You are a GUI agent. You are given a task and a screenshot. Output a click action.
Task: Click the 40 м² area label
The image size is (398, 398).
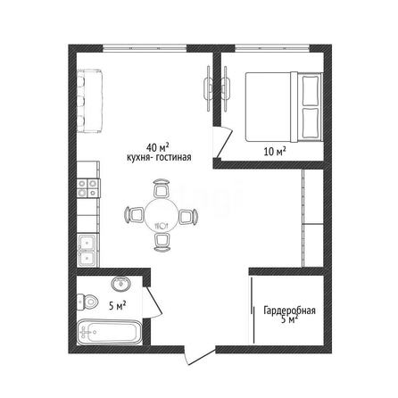click(158, 146)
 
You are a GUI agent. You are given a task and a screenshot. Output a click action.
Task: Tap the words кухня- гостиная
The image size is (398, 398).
click(159, 157)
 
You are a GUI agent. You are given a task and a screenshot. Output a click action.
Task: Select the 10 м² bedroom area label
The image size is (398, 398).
click(275, 152)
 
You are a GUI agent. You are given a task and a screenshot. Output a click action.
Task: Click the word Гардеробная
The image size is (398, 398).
click(289, 311)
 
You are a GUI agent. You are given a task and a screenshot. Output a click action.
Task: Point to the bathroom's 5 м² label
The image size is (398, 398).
click(117, 305)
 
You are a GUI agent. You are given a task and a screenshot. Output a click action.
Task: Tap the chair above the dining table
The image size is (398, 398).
click(162, 188)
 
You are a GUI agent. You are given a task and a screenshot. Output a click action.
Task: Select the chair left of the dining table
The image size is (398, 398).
click(134, 214)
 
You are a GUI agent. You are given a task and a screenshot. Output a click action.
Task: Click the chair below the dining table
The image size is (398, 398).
click(162, 242)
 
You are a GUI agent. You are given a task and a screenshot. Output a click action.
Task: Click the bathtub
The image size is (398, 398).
click(110, 332)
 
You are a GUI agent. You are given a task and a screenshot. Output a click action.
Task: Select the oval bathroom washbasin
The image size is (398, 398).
click(120, 283)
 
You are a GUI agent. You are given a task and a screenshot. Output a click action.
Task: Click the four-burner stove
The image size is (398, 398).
click(87, 188)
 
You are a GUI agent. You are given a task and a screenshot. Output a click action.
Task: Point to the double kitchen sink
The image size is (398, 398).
click(87, 251)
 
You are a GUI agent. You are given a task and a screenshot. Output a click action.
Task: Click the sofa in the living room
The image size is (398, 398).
click(89, 101)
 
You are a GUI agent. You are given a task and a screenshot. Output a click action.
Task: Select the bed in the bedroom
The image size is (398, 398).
click(284, 106)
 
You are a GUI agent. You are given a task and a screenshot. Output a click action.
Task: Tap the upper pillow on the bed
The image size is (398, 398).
click(311, 90)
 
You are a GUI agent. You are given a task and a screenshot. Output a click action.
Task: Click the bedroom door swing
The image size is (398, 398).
click(222, 143)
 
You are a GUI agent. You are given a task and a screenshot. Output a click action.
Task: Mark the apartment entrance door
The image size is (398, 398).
click(200, 356)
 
